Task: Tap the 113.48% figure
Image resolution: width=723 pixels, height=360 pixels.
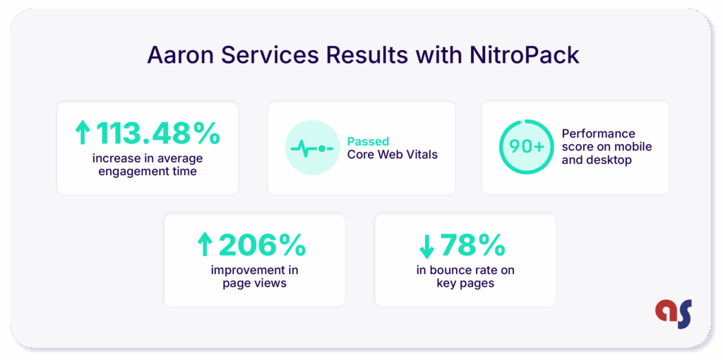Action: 158,133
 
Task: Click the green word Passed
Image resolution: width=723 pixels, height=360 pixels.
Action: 368,141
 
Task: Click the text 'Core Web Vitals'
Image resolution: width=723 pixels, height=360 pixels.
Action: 392,154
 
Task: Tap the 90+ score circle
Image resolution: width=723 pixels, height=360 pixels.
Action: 525,147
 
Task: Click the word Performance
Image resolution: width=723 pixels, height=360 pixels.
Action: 588,133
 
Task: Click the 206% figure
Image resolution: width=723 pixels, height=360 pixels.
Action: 262,246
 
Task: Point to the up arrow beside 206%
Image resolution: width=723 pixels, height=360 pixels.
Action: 205,246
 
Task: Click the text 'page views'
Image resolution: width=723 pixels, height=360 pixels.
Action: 254,284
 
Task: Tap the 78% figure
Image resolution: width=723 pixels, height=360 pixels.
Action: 472,246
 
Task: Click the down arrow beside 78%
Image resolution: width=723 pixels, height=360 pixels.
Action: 426,246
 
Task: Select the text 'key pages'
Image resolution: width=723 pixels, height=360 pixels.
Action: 465,284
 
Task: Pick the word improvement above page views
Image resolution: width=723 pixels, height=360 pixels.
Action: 254,270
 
